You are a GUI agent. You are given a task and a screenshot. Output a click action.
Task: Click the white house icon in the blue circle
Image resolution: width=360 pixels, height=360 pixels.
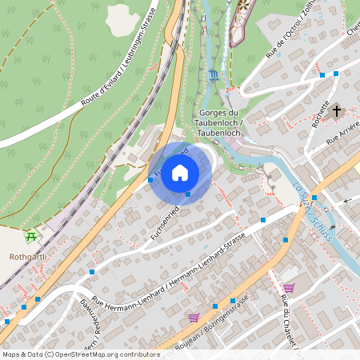[x=180, y=173]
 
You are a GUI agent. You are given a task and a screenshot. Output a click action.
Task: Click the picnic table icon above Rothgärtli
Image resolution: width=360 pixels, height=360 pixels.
[x=31, y=236]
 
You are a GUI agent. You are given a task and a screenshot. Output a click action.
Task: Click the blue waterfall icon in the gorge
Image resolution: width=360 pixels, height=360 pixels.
[x=213, y=76]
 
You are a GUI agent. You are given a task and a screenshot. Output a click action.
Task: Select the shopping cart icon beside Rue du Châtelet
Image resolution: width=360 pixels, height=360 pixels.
[x=289, y=287]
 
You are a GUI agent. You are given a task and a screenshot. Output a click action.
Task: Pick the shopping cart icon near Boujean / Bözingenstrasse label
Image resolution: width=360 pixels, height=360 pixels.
[x=194, y=317]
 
